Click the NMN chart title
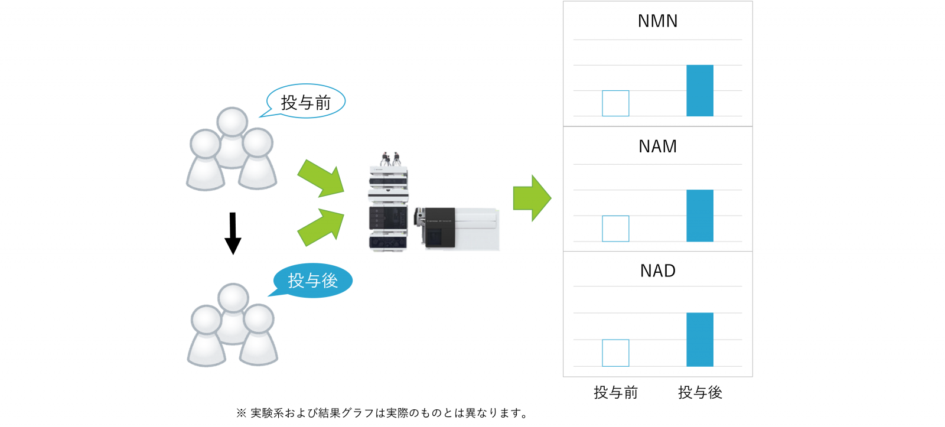click(x=657, y=21)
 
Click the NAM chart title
click(x=657, y=146)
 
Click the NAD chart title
click(x=657, y=271)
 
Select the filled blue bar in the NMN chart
click(x=699, y=90)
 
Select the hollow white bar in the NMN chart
click(x=615, y=103)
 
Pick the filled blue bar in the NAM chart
click(x=699, y=216)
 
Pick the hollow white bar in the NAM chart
click(x=615, y=229)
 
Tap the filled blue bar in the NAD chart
click(x=699, y=340)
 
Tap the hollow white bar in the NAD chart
click(x=615, y=353)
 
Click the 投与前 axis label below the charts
click(x=615, y=393)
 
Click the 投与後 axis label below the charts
click(x=700, y=393)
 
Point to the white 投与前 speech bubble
click(x=306, y=102)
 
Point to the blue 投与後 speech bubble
click(x=312, y=281)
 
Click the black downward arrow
click(x=233, y=233)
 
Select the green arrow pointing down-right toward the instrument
click(x=321, y=178)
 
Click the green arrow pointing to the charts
click(x=532, y=198)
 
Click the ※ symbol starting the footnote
click(x=241, y=413)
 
